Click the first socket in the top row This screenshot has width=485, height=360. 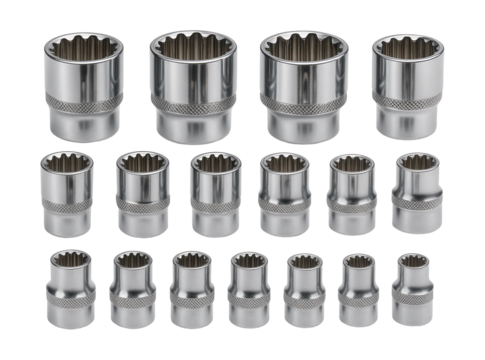click(83, 85)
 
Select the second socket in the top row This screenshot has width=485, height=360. click(193, 85)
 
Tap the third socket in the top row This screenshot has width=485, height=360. click(302, 85)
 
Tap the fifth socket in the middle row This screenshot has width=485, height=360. click(350, 194)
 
